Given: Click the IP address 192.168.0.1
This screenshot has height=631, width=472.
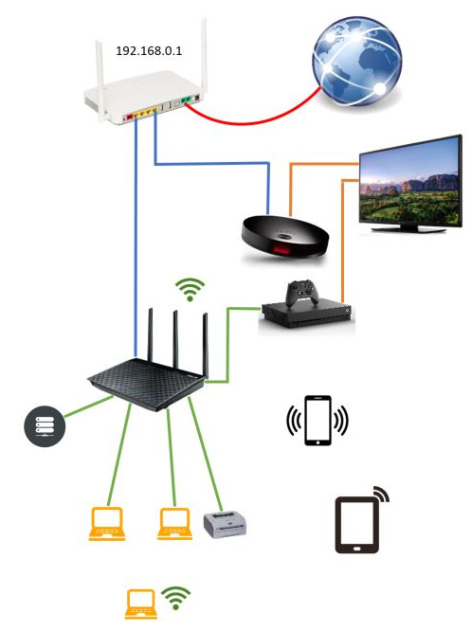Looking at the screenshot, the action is coord(149,51).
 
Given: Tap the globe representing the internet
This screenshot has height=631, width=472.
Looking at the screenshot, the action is coord(356,61).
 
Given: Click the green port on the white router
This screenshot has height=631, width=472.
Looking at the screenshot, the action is coord(185,100).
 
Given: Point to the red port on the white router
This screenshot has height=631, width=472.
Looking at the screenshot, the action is coord(129,117).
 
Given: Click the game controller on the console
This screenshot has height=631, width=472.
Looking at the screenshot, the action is coord(302,292).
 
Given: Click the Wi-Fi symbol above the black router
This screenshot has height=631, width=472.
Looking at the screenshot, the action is coord(191,289).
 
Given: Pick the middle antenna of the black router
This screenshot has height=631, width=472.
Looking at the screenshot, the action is coord(175,339).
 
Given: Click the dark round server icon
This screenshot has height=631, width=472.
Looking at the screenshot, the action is coord(45,426).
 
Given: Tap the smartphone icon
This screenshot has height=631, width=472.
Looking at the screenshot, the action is coord(318,421).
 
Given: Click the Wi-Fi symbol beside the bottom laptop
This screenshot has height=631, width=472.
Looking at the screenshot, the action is coord(175,597).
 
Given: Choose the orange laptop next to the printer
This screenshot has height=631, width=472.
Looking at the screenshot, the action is coord(174,524).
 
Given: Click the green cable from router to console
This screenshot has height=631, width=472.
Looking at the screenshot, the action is coord(228,345).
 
